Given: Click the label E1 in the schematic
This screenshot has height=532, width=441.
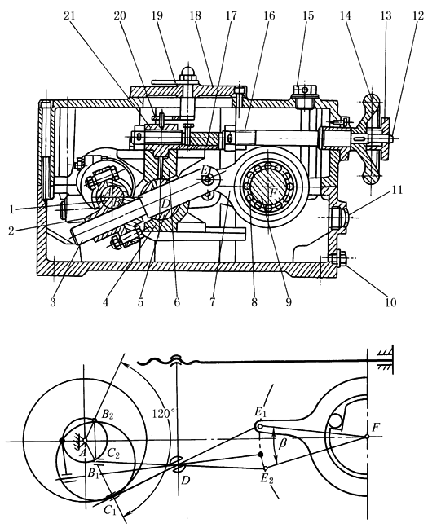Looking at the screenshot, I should pos(262,411).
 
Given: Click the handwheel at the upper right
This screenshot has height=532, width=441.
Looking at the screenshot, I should pos(372,138).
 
